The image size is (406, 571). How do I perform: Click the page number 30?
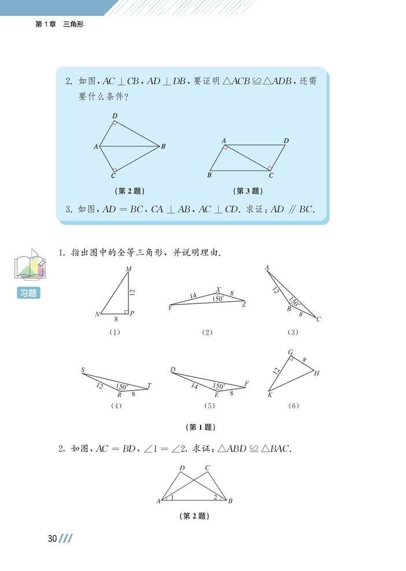coord(52,539)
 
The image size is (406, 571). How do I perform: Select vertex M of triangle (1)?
coord(128,269)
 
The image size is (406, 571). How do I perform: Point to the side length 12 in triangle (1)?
coord(132,292)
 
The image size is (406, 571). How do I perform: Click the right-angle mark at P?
coord(127,312)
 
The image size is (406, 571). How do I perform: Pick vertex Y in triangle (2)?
coord(170,308)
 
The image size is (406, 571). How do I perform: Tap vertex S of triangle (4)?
coord(83,370)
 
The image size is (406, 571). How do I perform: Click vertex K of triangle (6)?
coord(270,395)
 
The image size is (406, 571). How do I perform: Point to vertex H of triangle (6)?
coord(316,373)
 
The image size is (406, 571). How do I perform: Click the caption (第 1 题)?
coord(201,427)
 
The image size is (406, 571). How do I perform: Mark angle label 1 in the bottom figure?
coord(171,496)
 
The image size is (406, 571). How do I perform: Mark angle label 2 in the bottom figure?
coord(216,496)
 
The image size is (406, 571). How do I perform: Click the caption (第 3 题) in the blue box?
coord(247,191)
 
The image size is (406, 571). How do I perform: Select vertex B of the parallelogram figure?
coord(209,175)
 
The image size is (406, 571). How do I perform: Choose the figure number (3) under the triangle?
coord(293,332)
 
